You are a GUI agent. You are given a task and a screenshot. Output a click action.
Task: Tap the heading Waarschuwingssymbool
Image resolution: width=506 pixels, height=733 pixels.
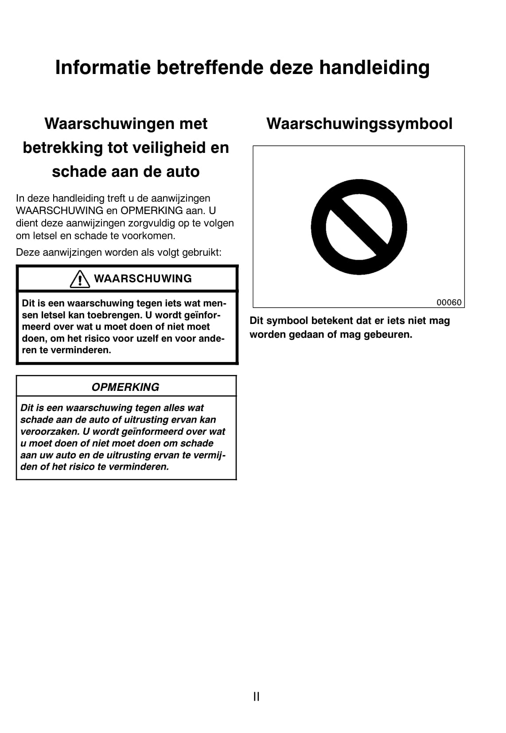(x=359, y=124)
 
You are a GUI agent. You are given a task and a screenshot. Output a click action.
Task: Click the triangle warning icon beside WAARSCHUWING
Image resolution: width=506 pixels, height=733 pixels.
(x=80, y=279)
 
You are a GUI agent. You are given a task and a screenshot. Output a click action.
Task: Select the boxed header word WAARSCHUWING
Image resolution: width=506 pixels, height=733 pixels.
(x=143, y=279)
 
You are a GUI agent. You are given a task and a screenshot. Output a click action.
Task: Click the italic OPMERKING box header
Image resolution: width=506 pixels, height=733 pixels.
(x=125, y=387)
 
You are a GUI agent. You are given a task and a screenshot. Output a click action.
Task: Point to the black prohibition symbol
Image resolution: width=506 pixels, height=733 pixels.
(x=359, y=227)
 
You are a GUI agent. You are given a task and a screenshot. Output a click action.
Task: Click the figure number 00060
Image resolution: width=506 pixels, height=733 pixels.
(x=449, y=302)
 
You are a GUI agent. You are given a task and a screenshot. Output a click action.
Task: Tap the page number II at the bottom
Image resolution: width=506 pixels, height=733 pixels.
(x=256, y=696)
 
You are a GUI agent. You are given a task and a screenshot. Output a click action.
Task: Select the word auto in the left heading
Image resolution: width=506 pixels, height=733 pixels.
(x=183, y=172)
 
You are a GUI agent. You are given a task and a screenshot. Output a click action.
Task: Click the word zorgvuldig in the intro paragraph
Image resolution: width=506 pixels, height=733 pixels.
(x=148, y=223)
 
